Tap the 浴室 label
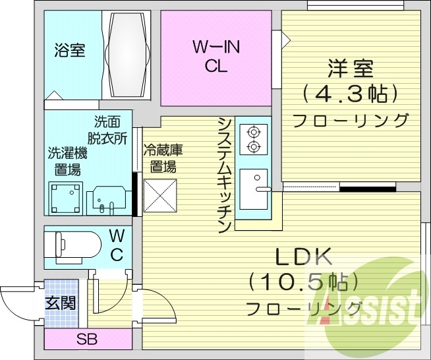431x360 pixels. coord(69,50)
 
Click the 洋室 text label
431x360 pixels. coord(350,68)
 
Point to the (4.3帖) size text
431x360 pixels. coord(350,94)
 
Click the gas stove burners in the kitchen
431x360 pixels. coord(254,138)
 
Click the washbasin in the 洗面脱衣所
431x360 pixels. coord(107,198)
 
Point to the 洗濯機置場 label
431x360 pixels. coord(67,161)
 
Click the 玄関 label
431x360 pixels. coord(60,303)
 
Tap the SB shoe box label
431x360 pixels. coord(87,340)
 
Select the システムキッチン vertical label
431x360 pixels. coord(224,175)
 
